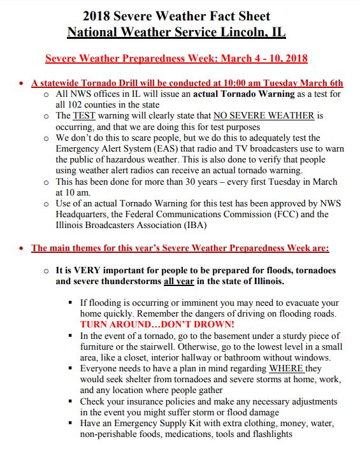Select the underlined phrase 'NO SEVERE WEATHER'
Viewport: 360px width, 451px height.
[x=263, y=115]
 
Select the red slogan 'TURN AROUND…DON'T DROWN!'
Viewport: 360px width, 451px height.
[x=157, y=324]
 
